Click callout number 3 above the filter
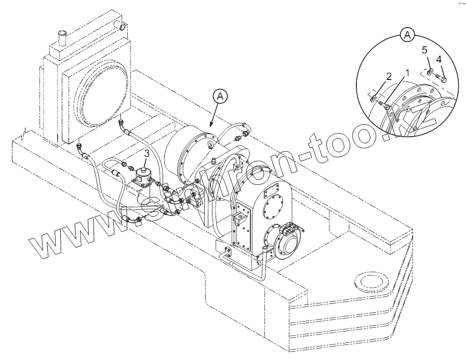pos(147,153)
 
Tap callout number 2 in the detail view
pos(388,76)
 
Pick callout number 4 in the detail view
pos(439,60)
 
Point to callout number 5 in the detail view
pos(424,50)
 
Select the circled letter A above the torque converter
pos(220,96)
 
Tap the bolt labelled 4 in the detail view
pos(440,79)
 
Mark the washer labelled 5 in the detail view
pos(429,72)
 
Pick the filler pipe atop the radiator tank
pos(62,38)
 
